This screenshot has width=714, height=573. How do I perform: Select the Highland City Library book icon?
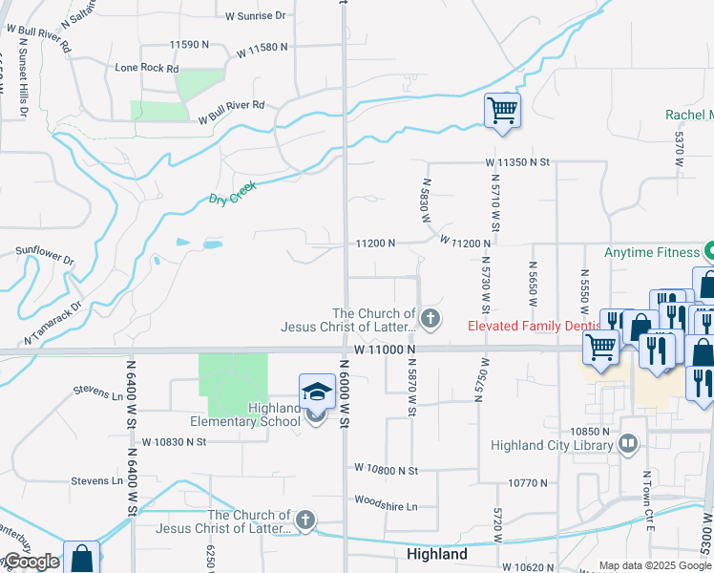628,444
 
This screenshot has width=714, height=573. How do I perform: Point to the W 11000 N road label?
385,350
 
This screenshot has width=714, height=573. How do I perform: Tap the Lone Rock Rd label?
146,69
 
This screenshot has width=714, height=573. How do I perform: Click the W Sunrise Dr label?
256,16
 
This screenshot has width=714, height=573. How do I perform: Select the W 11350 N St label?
517,163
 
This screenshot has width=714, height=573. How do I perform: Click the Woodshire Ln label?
386,505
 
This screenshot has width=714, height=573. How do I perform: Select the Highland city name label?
436,554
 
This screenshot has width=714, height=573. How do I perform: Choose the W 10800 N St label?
386,470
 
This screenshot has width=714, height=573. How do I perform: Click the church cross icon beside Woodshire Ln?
304,520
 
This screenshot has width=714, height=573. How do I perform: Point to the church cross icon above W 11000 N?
430,318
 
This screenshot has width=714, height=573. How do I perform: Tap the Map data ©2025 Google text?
655,565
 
